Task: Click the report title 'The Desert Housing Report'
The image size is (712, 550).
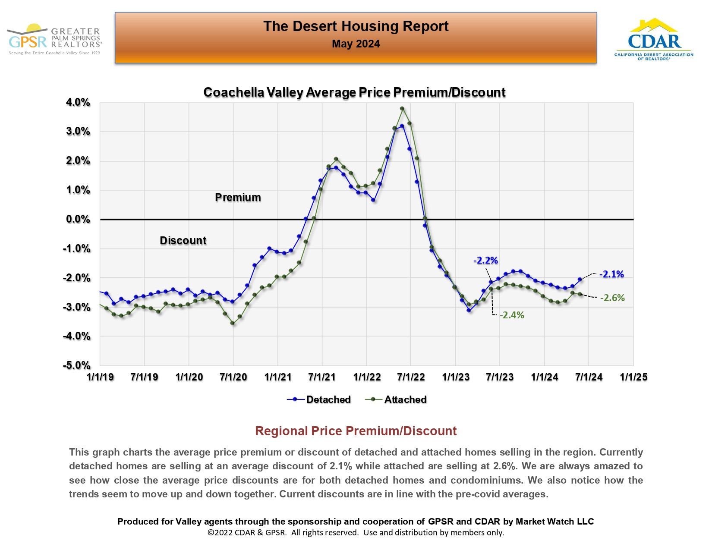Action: point(356,26)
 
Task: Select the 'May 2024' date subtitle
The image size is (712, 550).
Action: point(356,44)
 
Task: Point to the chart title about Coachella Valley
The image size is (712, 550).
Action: point(354,92)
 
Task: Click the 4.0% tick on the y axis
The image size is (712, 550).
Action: point(78,103)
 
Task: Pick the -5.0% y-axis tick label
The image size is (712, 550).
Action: point(77,365)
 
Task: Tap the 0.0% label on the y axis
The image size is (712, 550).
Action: point(78,219)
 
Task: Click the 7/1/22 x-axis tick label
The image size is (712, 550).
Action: point(411,377)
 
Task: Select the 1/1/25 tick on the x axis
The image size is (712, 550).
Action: point(633,377)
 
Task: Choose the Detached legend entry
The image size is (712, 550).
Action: point(319,399)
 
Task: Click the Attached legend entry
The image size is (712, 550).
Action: point(396,399)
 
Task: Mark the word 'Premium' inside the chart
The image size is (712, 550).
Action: point(238,198)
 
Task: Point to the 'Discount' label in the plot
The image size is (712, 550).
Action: point(183,241)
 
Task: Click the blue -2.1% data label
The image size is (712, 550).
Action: point(611,274)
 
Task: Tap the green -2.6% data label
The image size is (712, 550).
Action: point(612,298)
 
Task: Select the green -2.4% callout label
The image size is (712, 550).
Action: point(512,315)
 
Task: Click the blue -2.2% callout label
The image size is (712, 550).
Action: point(485,261)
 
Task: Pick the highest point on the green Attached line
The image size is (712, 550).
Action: point(402,109)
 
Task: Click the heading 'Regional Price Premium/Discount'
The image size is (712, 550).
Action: point(356,431)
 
